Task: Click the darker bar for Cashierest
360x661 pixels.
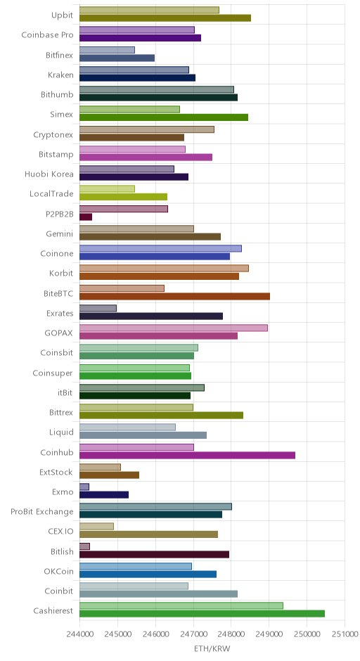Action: (x=202, y=614)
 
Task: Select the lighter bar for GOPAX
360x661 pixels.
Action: (x=174, y=328)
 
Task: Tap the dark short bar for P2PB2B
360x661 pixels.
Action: (x=86, y=217)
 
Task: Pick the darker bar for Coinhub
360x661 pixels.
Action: (x=187, y=455)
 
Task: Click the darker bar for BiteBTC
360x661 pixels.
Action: (x=174, y=296)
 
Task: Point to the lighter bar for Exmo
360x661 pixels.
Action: (x=84, y=487)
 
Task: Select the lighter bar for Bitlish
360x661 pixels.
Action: (x=85, y=546)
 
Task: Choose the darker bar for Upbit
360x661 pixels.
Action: (x=165, y=18)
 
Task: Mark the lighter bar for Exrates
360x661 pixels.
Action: (x=98, y=308)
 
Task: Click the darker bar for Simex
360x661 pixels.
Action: (x=164, y=117)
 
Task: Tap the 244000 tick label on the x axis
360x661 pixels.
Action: (x=79, y=634)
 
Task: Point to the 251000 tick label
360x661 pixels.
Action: (x=345, y=634)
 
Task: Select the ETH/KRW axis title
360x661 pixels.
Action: (x=212, y=648)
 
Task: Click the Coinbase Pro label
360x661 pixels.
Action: (x=47, y=35)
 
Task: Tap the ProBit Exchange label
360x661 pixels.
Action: (x=42, y=512)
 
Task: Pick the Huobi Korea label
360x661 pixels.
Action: (x=49, y=174)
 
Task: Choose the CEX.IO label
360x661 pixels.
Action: (x=60, y=532)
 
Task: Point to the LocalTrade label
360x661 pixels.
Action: (x=51, y=194)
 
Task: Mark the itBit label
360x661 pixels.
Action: (x=65, y=393)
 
